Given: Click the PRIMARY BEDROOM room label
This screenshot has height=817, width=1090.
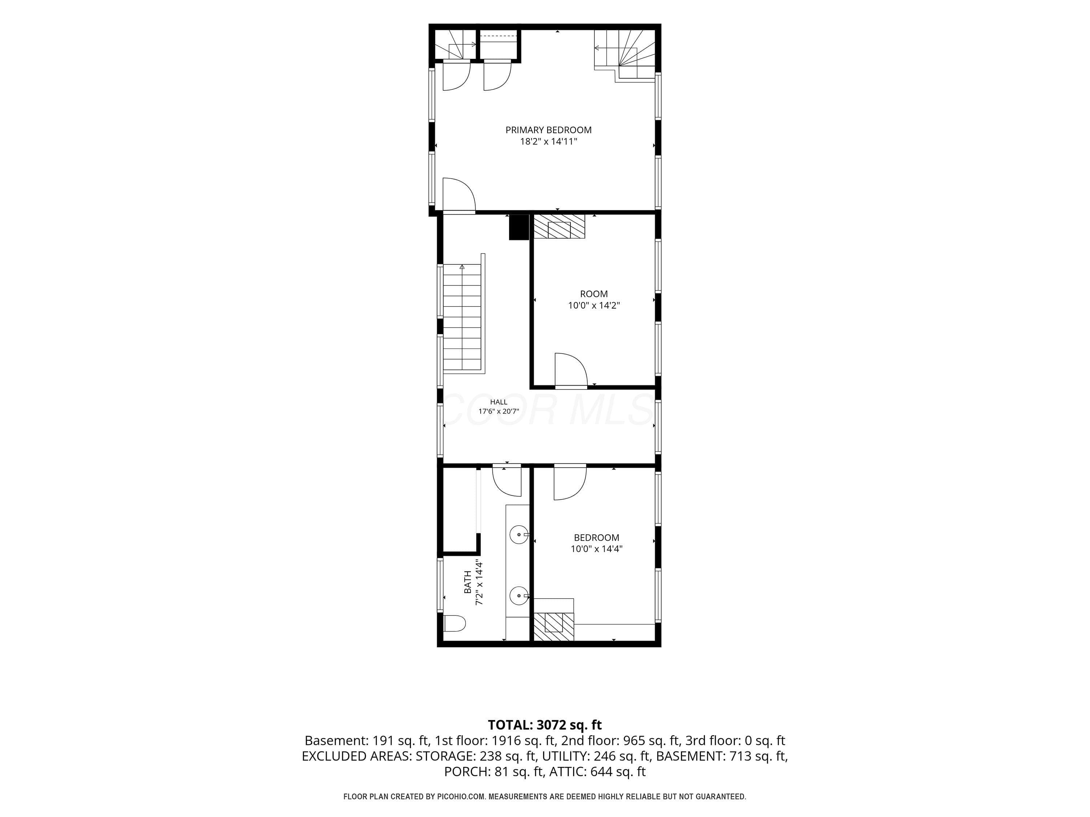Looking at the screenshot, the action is click(548, 130).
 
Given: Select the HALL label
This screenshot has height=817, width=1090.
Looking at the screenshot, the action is click(499, 402).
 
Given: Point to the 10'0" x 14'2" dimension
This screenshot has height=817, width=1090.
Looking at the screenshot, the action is click(594, 305).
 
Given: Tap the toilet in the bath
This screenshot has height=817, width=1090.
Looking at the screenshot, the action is click(454, 623).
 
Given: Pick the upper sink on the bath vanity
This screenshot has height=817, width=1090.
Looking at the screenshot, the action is click(519, 534).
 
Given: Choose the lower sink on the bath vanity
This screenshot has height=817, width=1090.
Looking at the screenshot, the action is click(519, 596).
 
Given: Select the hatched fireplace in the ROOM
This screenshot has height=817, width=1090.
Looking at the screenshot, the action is click(559, 227).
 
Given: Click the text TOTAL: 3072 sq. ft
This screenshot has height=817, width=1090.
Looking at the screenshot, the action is click(545, 725).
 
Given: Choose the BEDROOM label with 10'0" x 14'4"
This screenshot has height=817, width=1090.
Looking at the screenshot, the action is click(596, 543).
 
